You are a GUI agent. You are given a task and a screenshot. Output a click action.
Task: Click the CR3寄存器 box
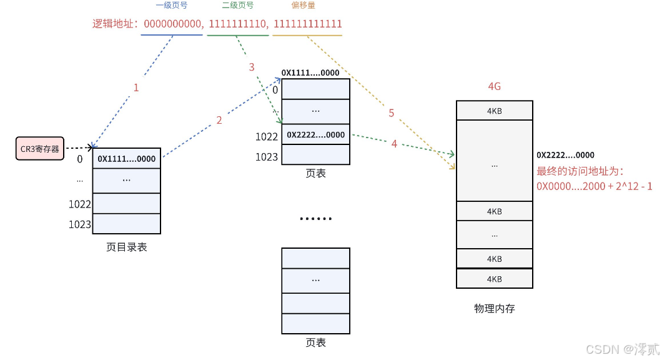39,149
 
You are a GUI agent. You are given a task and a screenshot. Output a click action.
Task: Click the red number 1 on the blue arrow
136,87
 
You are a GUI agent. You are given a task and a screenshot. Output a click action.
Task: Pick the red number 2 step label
219,120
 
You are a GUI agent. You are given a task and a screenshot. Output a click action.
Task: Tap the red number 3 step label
252,67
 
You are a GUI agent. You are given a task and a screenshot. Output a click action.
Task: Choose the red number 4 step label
394,144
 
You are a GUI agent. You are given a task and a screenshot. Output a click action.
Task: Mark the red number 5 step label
392,113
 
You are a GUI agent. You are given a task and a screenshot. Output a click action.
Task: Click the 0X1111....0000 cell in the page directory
127,159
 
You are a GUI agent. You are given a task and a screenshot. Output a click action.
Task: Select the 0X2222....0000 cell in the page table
315,134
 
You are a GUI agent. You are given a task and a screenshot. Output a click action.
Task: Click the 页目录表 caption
127,247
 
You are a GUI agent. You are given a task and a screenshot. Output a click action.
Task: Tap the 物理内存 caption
495,308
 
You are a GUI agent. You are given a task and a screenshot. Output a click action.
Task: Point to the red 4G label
494,87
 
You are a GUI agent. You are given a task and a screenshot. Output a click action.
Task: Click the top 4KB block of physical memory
495,111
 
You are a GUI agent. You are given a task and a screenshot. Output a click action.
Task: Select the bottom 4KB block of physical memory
495,279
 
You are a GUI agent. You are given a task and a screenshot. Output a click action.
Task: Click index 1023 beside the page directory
80,224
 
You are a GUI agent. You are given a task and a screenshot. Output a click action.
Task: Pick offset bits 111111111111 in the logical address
308,24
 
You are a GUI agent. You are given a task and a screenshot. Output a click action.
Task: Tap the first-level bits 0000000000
173,24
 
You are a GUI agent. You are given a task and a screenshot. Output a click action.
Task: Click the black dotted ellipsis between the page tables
315,219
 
